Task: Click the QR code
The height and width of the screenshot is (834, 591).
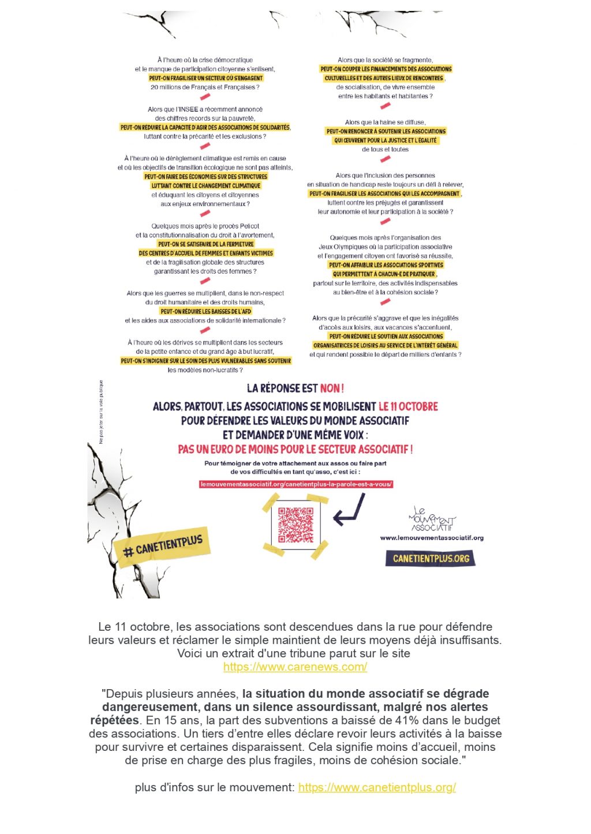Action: tap(295, 525)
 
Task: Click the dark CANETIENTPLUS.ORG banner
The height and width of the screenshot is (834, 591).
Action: tap(431, 558)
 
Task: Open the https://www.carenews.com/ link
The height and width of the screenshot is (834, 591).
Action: tap(295, 667)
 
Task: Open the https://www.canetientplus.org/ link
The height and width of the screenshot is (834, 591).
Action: tap(377, 787)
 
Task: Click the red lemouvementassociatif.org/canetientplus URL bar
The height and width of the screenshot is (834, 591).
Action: tap(295, 484)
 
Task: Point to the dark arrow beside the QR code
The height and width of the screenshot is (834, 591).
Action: tap(350, 511)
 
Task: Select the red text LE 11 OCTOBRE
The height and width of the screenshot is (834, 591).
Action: tap(408, 406)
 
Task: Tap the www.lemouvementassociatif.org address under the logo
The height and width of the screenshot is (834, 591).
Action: tap(432, 538)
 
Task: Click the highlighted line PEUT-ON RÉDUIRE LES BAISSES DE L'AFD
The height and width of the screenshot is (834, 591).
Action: tap(206, 311)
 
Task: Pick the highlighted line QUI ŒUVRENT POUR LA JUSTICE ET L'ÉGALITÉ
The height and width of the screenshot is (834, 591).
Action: tap(385, 140)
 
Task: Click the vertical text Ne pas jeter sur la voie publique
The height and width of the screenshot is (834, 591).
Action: tap(102, 412)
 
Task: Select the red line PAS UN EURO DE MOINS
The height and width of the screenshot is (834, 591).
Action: tap(295, 449)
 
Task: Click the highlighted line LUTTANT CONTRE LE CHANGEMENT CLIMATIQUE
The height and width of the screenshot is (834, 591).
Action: tap(206, 186)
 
